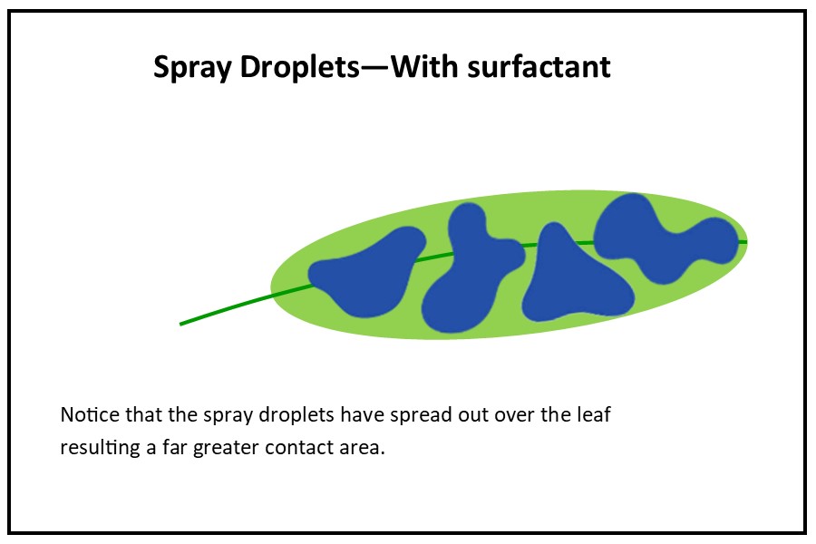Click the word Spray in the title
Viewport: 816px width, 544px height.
point(192,68)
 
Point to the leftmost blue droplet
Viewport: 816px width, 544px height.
point(367,272)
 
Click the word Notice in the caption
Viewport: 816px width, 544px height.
point(90,415)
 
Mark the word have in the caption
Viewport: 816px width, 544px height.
point(362,415)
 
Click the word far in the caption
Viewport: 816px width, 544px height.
point(175,447)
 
